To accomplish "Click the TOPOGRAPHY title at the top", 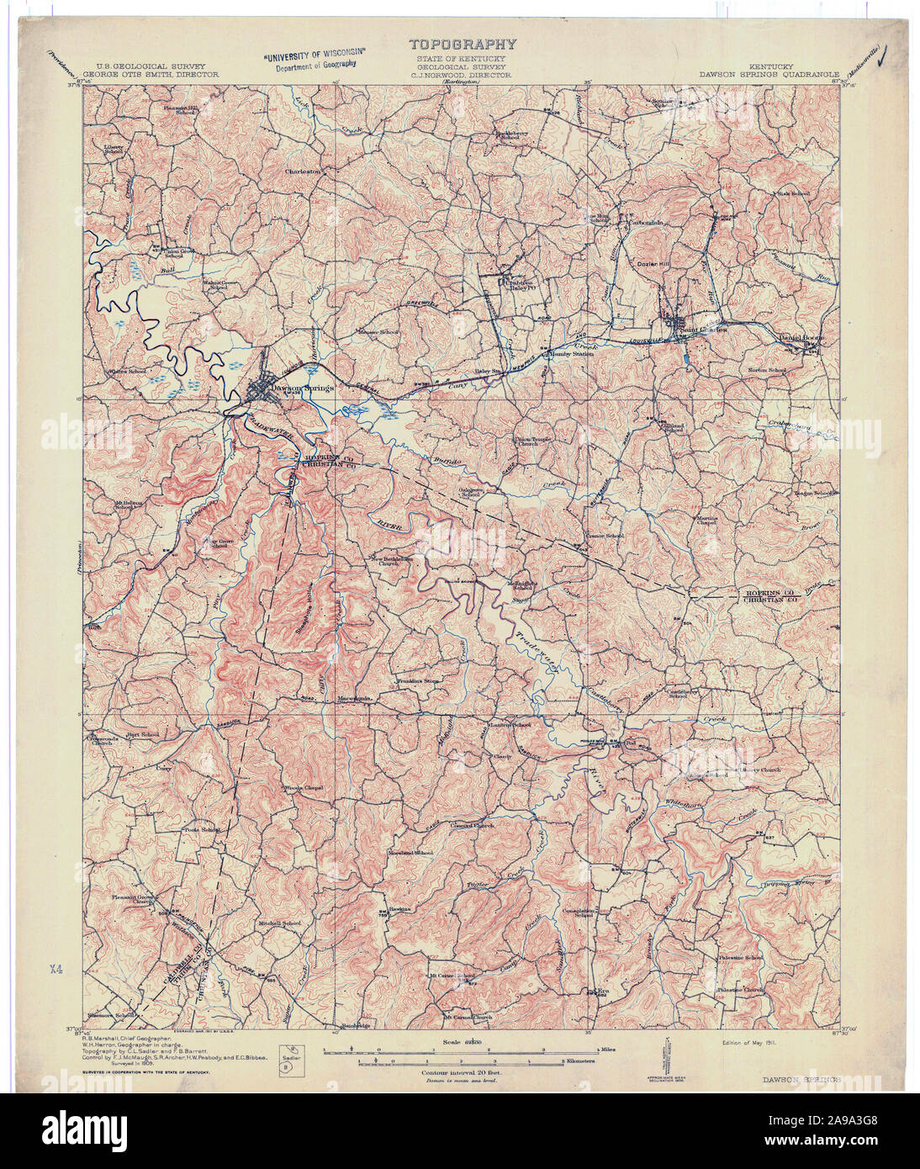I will [x=462, y=45].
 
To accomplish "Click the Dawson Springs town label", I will [x=303, y=388].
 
